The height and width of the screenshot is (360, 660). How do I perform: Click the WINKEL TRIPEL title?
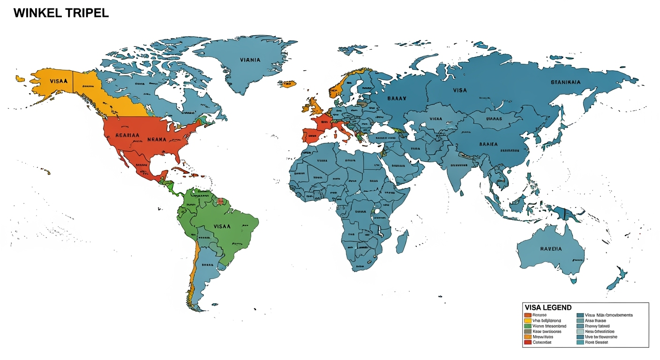click(61, 13)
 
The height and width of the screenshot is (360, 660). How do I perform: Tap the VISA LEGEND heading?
click(548, 307)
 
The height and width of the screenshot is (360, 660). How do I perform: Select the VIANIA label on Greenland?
click(250, 60)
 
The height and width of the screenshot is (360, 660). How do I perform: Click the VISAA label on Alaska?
click(59, 81)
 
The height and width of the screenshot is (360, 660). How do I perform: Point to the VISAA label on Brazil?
click(222, 226)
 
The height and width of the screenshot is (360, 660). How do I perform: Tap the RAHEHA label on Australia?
click(551, 249)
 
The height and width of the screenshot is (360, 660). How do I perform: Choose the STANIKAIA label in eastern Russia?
click(565, 82)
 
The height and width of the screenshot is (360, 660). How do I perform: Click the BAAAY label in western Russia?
click(397, 98)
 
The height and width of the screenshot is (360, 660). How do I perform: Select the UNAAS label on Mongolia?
click(494, 119)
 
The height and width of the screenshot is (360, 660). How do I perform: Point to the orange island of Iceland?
click(287, 84)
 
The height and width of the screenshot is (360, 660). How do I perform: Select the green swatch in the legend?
click(527, 326)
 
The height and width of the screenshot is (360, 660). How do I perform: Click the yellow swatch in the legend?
click(527, 320)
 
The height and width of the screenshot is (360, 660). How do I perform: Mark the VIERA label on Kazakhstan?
click(435, 119)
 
